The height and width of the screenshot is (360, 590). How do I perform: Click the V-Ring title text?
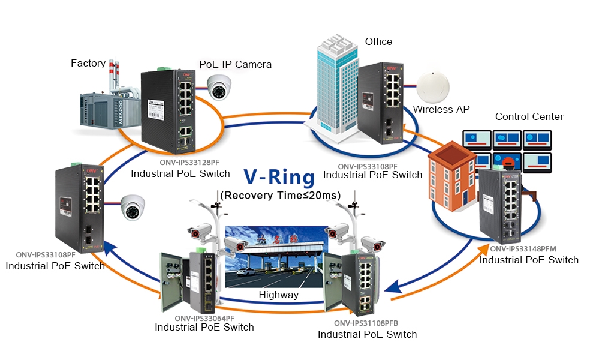pos(279,177)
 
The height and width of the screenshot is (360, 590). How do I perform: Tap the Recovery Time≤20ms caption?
pos(281,195)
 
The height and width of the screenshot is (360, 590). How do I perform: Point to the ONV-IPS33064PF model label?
pos(204,317)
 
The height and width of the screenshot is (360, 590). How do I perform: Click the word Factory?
pos(88,63)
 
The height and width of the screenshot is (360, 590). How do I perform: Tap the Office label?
pos(378,41)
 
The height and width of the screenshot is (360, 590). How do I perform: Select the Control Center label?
pos(529,116)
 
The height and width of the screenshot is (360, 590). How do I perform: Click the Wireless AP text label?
pos(441,109)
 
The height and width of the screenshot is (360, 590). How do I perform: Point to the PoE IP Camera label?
pos(235,64)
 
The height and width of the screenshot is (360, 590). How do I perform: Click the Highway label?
pos(278,295)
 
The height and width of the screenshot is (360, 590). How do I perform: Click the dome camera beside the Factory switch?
pos(219,88)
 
